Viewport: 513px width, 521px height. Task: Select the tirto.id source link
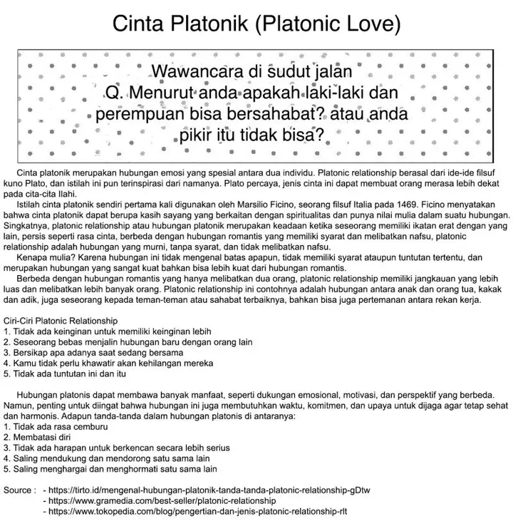pyautogui.click(x=207, y=490)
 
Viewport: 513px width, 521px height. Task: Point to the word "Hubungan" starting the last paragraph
pyautogui.click(x=36, y=394)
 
